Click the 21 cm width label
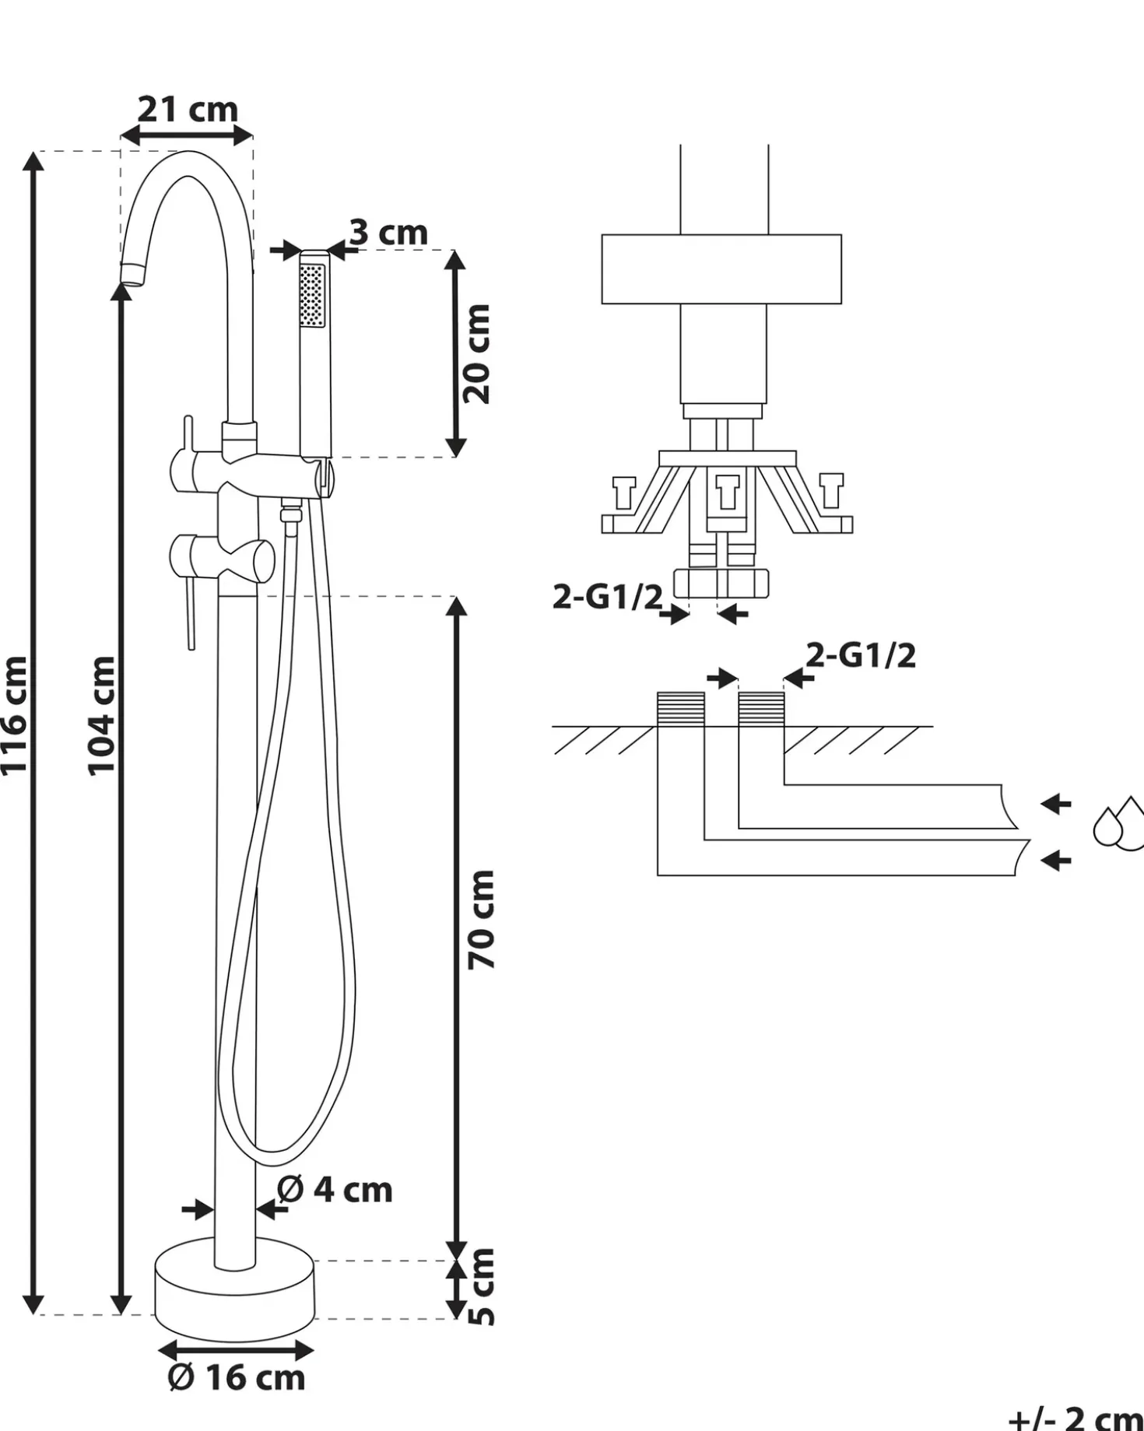click(188, 110)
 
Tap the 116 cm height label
click(15, 715)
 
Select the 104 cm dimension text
click(102, 715)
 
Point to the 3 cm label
click(388, 232)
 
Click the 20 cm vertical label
click(477, 354)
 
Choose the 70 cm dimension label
click(482, 920)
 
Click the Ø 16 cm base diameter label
click(237, 1377)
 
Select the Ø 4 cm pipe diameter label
click(335, 1190)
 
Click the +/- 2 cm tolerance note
click(1076, 1416)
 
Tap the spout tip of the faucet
click(133, 274)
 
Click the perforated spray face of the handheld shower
click(312, 296)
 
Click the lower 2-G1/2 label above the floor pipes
click(861, 655)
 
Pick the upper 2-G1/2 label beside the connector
click(608, 597)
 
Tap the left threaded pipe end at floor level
click(681, 709)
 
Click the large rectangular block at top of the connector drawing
click(721, 269)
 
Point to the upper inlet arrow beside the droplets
click(1056, 804)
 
